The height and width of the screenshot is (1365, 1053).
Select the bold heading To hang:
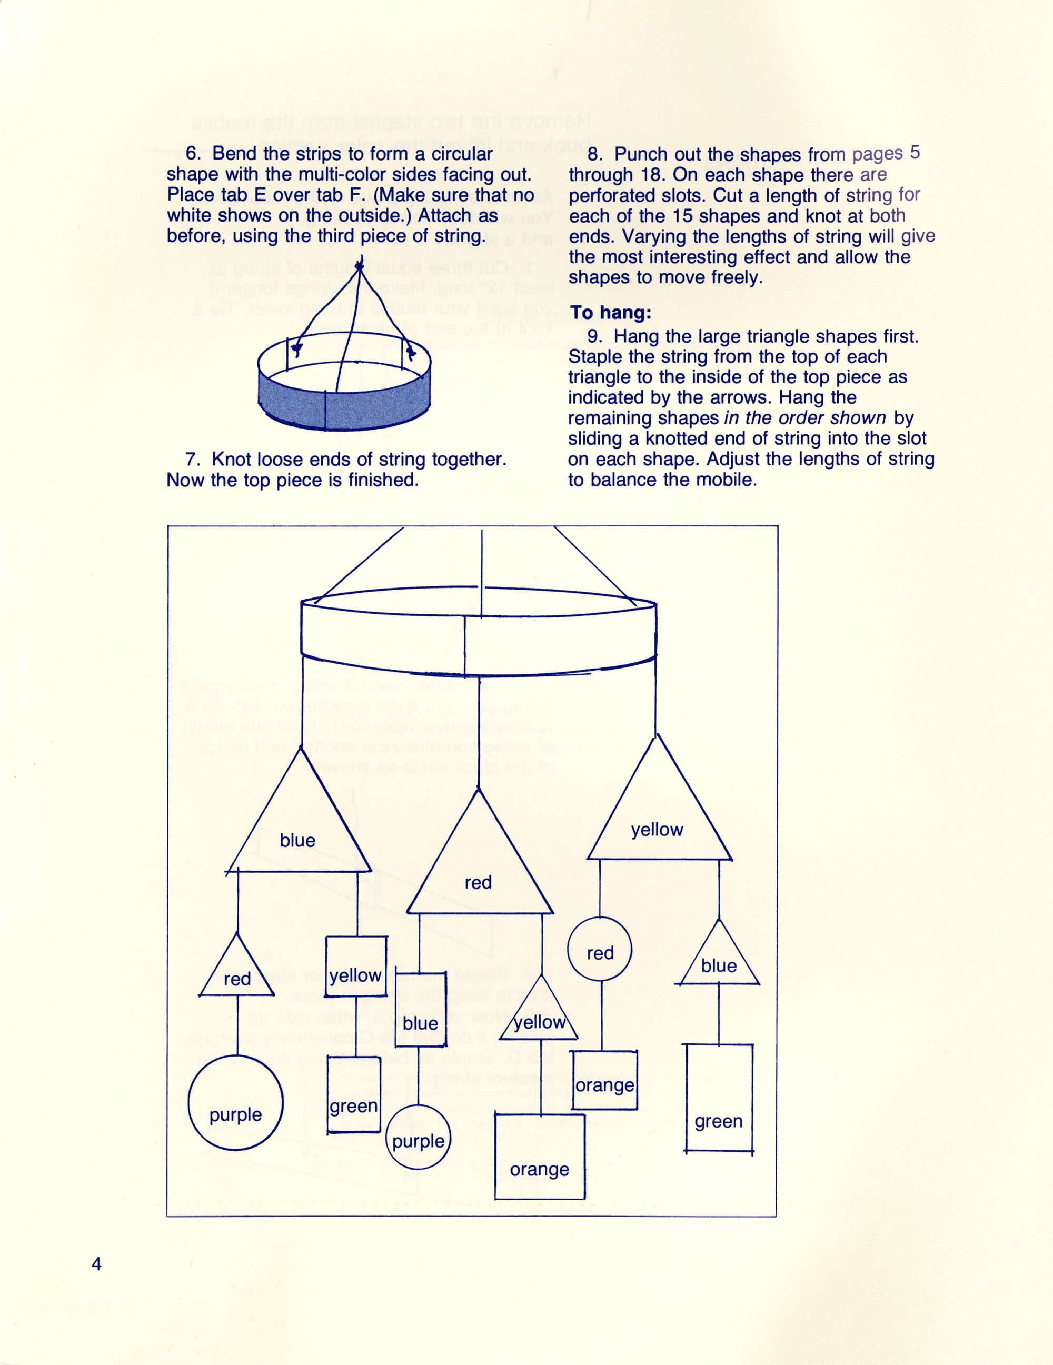click(x=611, y=313)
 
